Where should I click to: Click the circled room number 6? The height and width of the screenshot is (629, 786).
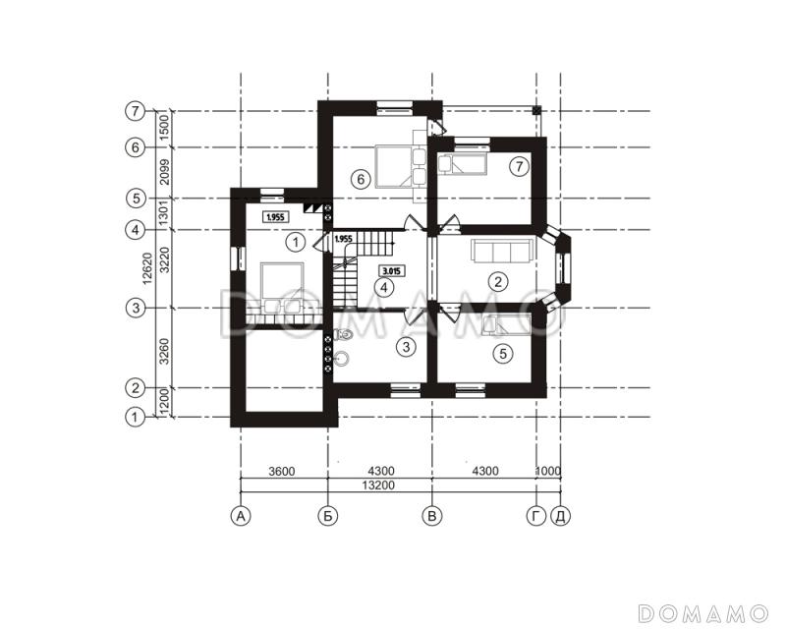click(x=361, y=179)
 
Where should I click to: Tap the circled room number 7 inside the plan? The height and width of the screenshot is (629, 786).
click(x=520, y=166)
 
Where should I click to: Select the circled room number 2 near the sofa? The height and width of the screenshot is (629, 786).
click(x=498, y=281)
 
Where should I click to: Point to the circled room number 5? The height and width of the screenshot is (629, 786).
click(x=503, y=354)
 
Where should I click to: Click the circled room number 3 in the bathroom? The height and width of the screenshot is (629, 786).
click(x=406, y=346)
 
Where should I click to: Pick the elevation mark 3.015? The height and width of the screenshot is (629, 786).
click(x=391, y=271)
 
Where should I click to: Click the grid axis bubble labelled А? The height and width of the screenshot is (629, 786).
click(x=241, y=516)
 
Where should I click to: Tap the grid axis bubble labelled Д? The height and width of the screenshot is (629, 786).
click(x=560, y=516)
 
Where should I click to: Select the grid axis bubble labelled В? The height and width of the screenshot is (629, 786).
click(x=432, y=516)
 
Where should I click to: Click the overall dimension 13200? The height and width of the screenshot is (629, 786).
click(x=382, y=486)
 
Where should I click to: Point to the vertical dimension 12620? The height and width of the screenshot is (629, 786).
click(x=146, y=268)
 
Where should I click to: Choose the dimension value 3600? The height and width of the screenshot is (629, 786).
click(x=282, y=472)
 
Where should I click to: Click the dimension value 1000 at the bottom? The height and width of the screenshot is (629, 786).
click(x=548, y=471)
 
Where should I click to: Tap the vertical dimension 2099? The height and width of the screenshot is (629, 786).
click(x=163, y=173)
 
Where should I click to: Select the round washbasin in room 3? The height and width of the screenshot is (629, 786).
click(x=342, y=357)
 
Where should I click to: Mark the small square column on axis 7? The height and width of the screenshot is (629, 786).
click(x=536, y=110)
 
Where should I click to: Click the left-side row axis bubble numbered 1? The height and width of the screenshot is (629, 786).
click(x=135, y=417)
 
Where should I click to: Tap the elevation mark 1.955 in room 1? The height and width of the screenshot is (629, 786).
click(x=276, y=217)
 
